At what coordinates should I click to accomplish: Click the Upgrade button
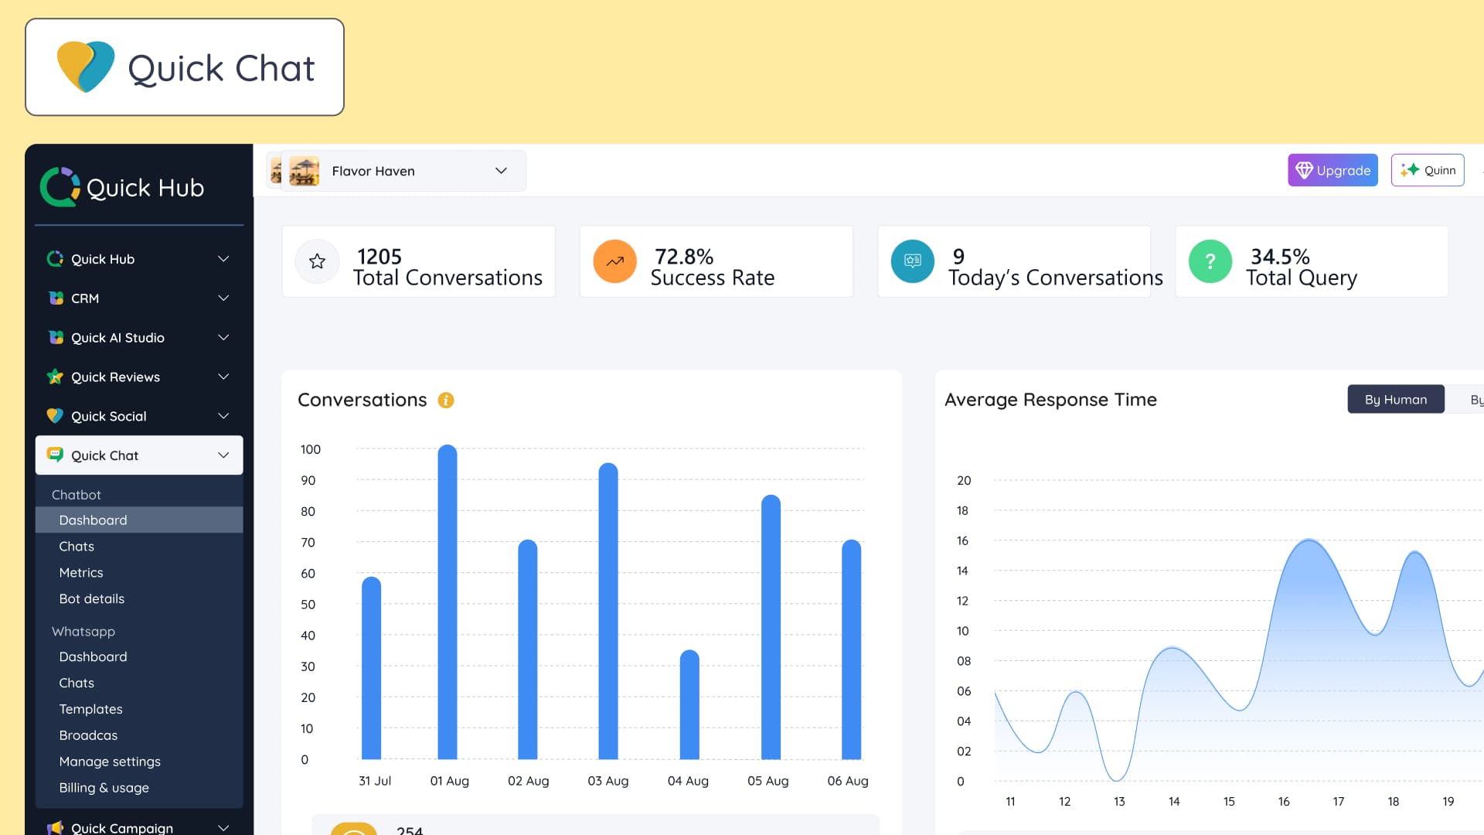[1333, 170]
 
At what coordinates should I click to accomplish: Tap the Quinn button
[1428, 170]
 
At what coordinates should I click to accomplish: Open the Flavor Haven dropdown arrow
[501, 171]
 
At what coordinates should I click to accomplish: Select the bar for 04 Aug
[689, 705]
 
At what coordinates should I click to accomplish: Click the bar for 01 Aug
[448, 602]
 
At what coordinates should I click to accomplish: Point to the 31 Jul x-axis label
[375, 781]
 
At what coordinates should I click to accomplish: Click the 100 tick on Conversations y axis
[311, 449]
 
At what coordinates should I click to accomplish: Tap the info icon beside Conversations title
[446, 400]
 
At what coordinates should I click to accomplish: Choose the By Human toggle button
[1395, 399]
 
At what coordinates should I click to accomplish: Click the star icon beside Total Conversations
[317, 261]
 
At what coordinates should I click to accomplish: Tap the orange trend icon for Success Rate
[614, 261]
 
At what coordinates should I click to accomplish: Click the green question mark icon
[1210, 261]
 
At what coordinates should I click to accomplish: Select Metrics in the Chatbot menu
[81, 572]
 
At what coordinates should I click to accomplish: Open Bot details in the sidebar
[92, 598]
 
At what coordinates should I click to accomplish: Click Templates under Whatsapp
[91, 709]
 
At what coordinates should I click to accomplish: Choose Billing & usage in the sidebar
[104, 788]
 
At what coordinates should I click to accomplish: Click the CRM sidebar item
[85, 298]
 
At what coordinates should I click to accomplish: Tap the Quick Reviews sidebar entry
[116, 377]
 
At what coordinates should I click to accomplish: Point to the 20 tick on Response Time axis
[964, 480]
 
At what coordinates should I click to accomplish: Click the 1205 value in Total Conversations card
[380, 256]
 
